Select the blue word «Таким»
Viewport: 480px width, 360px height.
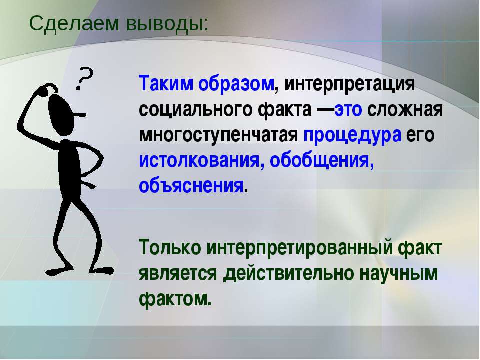pyautogui.click(x=166, y=83)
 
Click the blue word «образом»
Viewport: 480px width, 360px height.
pyautogui.click(x=236, y=84)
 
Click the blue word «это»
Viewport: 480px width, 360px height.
pyautogui.click(x=348, y=110)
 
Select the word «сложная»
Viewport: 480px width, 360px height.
pyautogui.click(x=405, y=110)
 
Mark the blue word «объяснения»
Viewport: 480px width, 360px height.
pyautogui.click(x=191, y=186)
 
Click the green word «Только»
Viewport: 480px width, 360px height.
pyautogui.click(x=170, y=247)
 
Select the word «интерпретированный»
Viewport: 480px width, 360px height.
pyautogui.click(x=299, y=248)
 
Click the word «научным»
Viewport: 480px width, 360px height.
pyautogui.click(x=398, y=274)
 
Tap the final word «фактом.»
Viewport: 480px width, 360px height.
pyautogui.click(x=175, y=298)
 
